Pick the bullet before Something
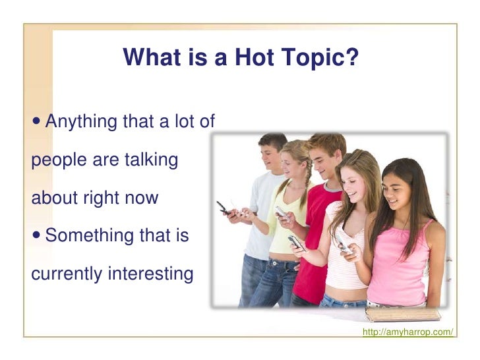coord(37,235)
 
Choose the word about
coord(53,198)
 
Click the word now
coord(143,198)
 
